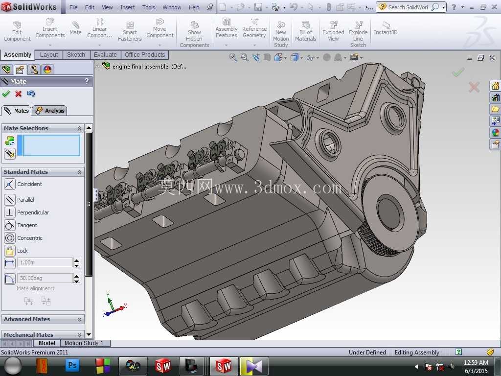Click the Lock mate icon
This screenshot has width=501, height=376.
click(10, 251)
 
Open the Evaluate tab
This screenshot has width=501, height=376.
click(105, 55)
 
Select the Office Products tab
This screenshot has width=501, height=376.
click(145, 55)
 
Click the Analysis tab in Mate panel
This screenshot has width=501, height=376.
click(50, 111)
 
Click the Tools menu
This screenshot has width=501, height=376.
click(149, 7)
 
